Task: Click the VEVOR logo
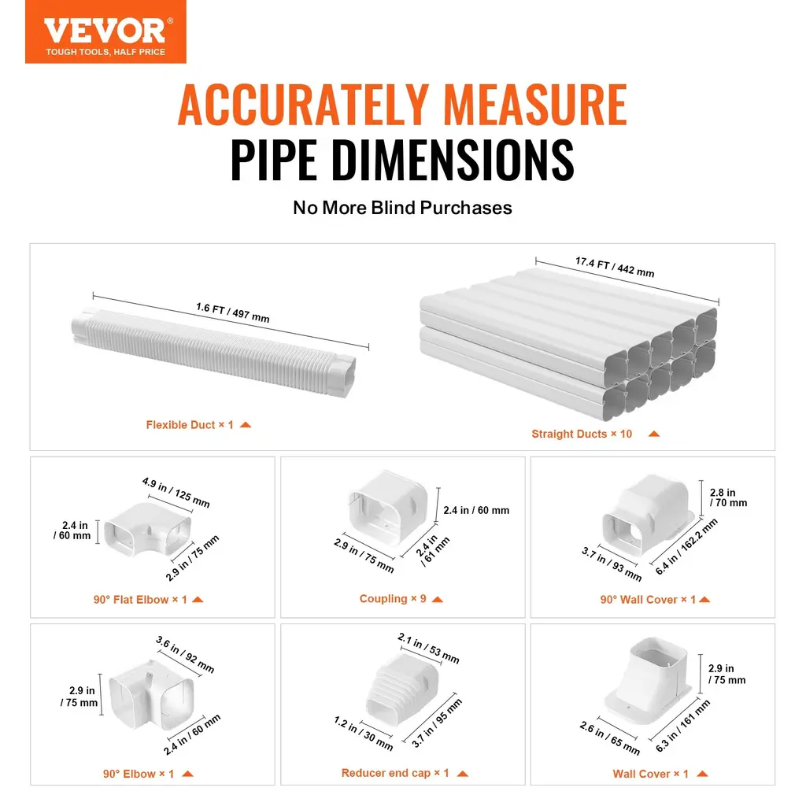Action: coord(105,31)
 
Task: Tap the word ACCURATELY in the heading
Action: coord(303,105)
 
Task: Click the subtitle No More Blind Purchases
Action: coord(402,208)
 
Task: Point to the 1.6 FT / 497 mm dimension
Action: coord(233,312)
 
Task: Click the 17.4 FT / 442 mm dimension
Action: coord(615,268)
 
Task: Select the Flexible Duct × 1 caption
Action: coord(190,425)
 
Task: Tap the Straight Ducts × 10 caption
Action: coord(582,434)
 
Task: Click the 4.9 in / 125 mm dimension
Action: coord(176,493)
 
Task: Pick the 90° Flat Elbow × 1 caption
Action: coord(140,600)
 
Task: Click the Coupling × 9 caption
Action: coord(393,599)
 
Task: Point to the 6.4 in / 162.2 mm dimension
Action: coord(686,546)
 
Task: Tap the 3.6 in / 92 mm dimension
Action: coord(185,654)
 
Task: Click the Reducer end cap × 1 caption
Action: coord(395,773)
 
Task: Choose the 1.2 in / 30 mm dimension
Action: coord(364,734)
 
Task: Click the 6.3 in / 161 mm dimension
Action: coord(682,726)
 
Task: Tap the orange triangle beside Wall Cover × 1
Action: coord(702,774)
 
